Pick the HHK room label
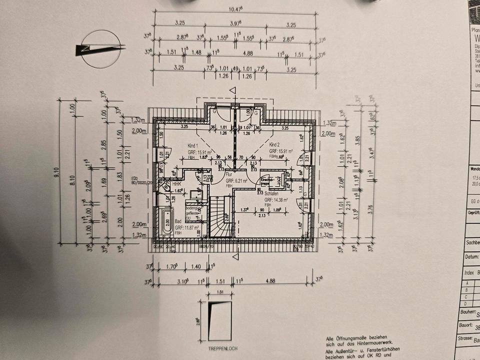176,184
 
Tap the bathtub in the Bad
167,222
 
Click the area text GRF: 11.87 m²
185,227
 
